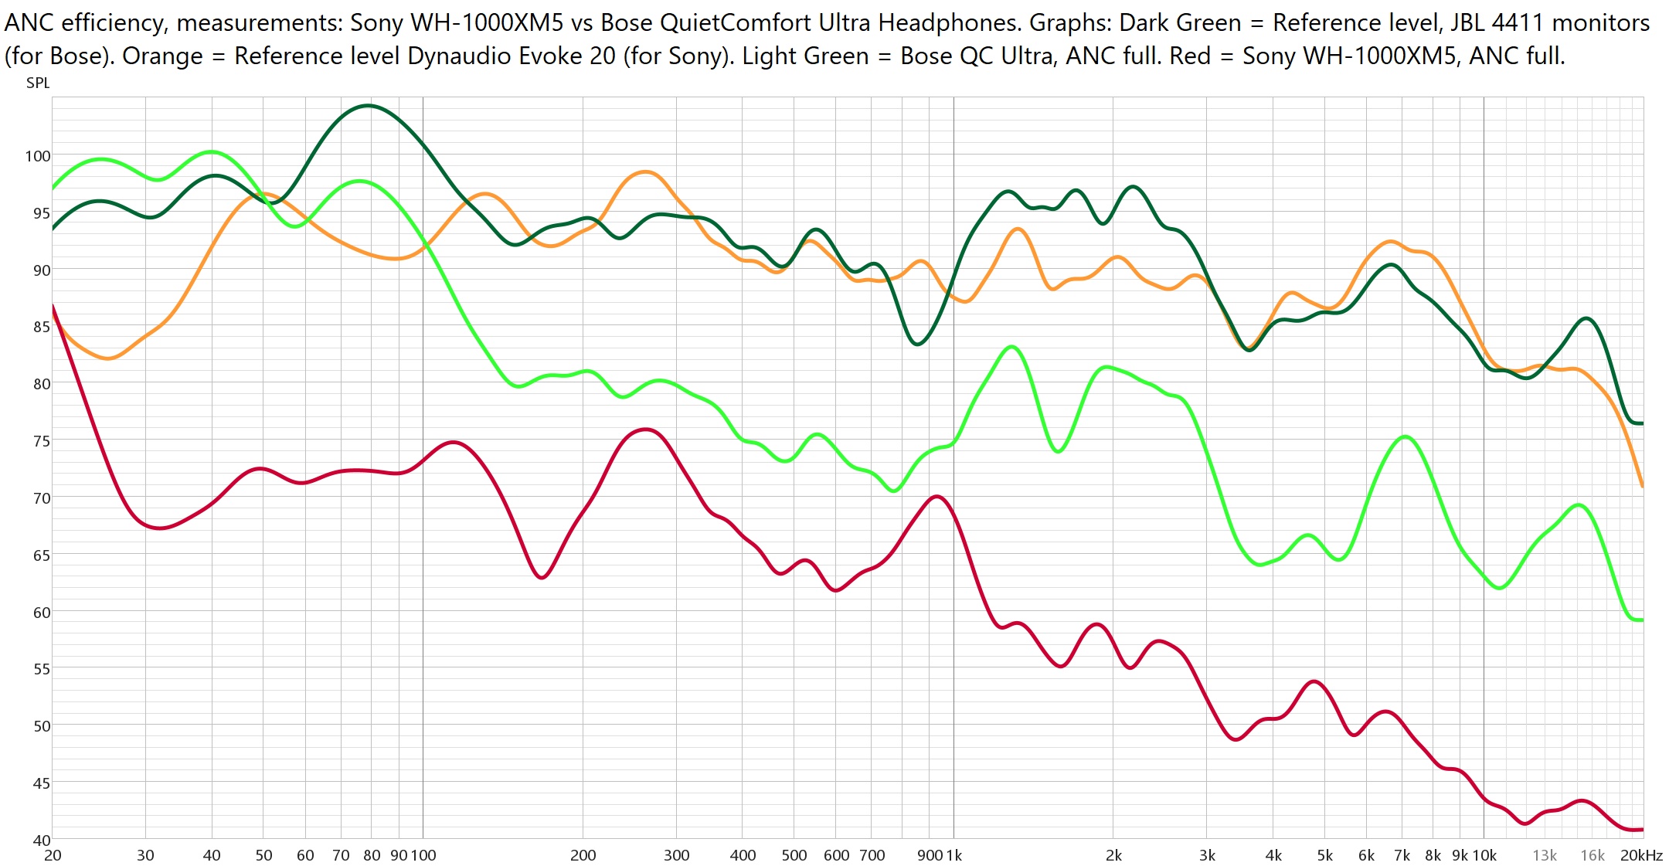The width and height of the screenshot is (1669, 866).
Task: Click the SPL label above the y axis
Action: [x=38, y=83]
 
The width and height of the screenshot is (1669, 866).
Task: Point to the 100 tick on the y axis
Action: [x=37, y=156]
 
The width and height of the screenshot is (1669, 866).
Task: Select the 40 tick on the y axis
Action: [x=41, y=840]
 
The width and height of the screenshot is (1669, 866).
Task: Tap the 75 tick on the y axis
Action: [x=41, y=441]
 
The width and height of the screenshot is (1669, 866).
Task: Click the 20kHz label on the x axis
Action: [x=1641, y=855]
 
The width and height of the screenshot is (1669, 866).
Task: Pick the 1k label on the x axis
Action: [x=954, y=855]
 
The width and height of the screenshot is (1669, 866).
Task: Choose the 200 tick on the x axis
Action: [x=583, y=855]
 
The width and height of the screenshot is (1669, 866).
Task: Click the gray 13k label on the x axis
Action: [x=1544, y=855]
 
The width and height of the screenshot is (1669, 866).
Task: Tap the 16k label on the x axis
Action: [x=1592, y=855]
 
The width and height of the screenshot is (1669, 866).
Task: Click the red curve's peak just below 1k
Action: [x=936, y=497]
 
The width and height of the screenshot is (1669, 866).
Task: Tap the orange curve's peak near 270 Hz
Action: [x=645, y=172]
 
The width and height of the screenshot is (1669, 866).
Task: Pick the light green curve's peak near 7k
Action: [x=1405, y=437]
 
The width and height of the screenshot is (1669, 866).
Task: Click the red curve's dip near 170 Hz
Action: [x=542, y=577]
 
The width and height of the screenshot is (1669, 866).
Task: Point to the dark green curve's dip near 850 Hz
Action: [x=917, y=344]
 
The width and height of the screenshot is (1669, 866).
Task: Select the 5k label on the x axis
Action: [x=1324, y=855]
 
